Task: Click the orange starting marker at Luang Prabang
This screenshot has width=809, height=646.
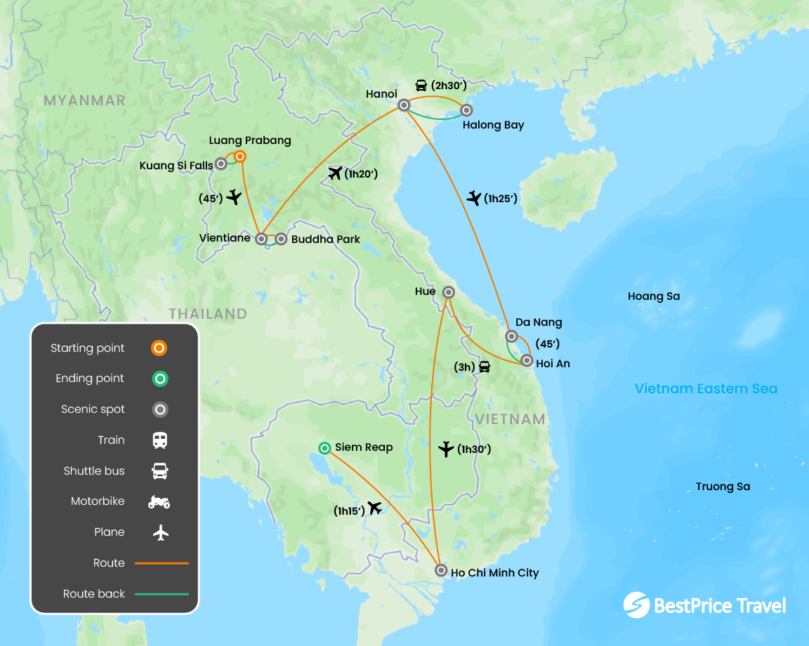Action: [239, 157]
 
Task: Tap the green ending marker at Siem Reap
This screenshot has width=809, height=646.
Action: [324, 447]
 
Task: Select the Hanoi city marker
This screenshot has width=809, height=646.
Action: [404, 105]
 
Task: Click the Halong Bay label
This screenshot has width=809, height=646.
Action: [493, 125]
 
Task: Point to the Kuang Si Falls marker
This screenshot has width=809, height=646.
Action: [221, 164]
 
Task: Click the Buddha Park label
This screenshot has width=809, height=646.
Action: [325, 239]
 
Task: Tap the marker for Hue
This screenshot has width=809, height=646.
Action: [448, 292]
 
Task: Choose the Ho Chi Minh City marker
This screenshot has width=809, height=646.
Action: [440, 570]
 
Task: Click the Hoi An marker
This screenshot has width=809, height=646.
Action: [527, 361]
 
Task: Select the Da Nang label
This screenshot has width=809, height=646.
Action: [539, 322]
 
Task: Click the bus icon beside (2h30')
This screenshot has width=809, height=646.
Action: [421, 86]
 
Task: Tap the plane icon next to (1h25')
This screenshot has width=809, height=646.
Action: [475, 199]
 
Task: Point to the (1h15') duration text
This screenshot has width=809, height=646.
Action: [349, 511]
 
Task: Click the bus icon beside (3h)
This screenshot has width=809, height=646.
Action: [484, 367]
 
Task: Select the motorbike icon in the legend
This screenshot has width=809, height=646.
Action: [159, 501]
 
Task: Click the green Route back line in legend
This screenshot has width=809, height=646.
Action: [162, 594]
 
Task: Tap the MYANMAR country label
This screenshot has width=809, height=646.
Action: [84, 100]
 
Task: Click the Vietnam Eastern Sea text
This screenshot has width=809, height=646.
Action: [706, 388]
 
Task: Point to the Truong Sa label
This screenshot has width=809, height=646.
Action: [723, 487]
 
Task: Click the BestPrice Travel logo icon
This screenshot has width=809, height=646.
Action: [636, 605]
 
